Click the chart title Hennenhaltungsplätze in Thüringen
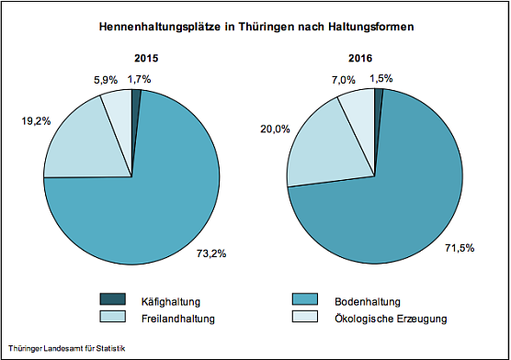click(255, 28)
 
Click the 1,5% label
click(381, 80)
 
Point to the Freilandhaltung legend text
click(177, 319)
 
